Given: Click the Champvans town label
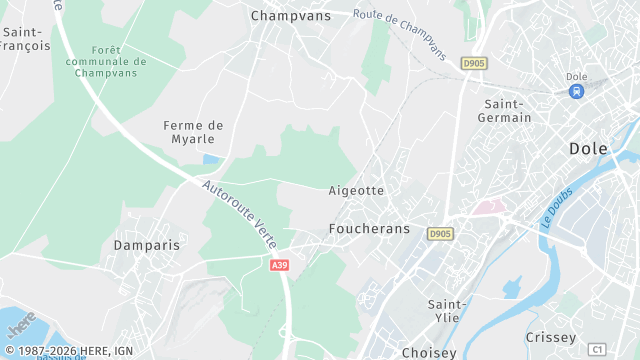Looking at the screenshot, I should pos(290,16).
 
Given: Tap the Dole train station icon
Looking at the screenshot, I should pos(576,91).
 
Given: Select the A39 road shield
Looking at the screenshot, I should pos(281,264).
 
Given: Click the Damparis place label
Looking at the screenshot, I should pos(147,245).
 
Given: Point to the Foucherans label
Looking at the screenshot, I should pos(369,229).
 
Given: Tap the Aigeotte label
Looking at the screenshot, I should pos(356,190).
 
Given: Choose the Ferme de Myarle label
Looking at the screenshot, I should pos(194,132).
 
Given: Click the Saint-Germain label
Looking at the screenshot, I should pos(507,112).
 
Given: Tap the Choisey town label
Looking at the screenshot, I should pos(429,352).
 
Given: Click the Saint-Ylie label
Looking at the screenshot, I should pos(447,311).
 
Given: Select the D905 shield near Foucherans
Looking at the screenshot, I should pos(439,234).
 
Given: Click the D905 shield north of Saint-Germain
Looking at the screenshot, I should pos(473,63).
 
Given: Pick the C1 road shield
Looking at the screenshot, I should pos(597,349).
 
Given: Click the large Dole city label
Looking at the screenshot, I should pos(595,148).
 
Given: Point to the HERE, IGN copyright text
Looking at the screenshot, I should pos(68,351).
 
